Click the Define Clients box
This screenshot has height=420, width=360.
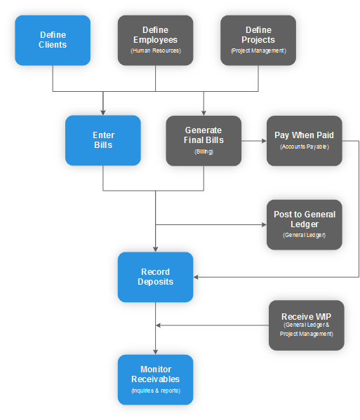tap(53, 40)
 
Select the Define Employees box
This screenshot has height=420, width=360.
tap(155, 40)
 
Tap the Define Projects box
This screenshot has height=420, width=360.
tap(258, 40)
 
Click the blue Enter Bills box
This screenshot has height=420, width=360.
tap(103, 140)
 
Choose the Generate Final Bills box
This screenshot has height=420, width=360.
tap(204, 140)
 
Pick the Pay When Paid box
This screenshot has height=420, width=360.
tap(305, 140)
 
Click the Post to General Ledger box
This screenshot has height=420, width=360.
tap(305, 224)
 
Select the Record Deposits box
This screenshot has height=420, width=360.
tap(155, 277)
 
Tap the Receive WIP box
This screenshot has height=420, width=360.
tap(307, 325)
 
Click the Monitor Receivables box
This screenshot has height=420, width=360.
tap(155, 379)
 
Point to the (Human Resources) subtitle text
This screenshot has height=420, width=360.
tap(155, 51)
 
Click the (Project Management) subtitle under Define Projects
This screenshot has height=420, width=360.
tap(258, 51)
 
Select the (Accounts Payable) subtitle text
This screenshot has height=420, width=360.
tap(305, 147)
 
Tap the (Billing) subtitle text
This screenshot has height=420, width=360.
tap(204, 151)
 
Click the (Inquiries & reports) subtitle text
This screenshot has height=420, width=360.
tap(155, 391)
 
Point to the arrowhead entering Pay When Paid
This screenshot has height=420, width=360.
tap(264, 140)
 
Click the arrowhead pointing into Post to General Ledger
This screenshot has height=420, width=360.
tap(264, 225)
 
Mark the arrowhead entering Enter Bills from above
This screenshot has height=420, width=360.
tap(103, 112)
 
